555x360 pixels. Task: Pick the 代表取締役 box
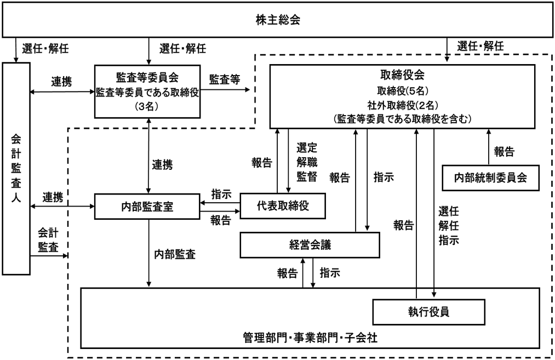tap(283, 206)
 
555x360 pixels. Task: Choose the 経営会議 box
tap(310, 245)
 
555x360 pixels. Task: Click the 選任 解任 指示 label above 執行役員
tap(449, 225)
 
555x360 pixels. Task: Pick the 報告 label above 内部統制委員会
tap(504, 152)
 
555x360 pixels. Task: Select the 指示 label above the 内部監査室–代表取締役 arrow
tap(221, 195)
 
